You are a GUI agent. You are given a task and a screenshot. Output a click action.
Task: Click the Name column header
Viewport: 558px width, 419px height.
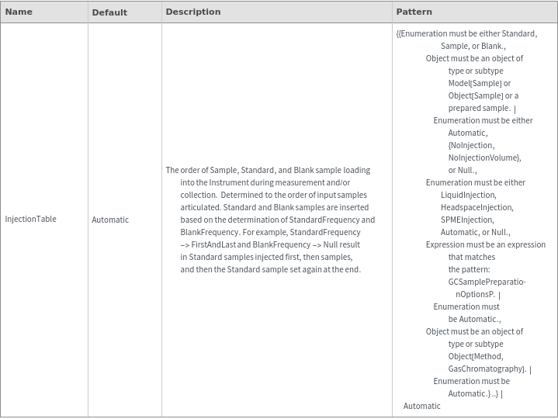(19, 12)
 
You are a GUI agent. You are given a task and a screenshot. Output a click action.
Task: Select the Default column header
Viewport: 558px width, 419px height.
(109, 12)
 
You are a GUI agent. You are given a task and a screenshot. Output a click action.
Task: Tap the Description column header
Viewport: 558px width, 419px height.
(192, 12)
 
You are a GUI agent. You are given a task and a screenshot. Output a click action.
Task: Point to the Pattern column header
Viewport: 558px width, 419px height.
(414, 12)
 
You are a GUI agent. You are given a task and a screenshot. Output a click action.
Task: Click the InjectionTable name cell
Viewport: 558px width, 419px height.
(30, 219)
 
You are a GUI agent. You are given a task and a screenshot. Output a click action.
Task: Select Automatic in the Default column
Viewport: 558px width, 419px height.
(110, 220)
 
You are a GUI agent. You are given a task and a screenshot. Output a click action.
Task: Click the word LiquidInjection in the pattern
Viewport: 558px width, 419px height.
(468, 195)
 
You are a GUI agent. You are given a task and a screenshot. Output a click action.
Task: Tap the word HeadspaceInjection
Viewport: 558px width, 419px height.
(477, 207)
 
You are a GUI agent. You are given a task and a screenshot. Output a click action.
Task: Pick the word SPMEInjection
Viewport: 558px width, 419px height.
(466, 220)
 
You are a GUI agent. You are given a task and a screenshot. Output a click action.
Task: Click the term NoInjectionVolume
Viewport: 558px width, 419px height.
(483, 158)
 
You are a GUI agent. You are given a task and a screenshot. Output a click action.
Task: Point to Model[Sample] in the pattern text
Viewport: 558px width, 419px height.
(474, 83)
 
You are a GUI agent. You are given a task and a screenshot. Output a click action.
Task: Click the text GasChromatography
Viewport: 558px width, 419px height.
(487, 369)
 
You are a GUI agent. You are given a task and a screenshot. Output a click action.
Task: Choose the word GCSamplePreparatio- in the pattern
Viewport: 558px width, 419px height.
(487, 282)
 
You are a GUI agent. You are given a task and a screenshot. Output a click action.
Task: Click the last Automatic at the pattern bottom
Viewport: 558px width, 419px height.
(421, 406)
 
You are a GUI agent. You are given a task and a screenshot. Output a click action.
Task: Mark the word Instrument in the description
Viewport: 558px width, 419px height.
(228, 182)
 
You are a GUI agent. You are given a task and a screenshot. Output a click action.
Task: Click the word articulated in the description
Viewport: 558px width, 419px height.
(200, 207)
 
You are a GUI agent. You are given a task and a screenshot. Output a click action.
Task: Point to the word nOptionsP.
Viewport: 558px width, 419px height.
(475, 294)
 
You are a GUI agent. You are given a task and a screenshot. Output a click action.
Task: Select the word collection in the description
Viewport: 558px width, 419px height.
(198, 195)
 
